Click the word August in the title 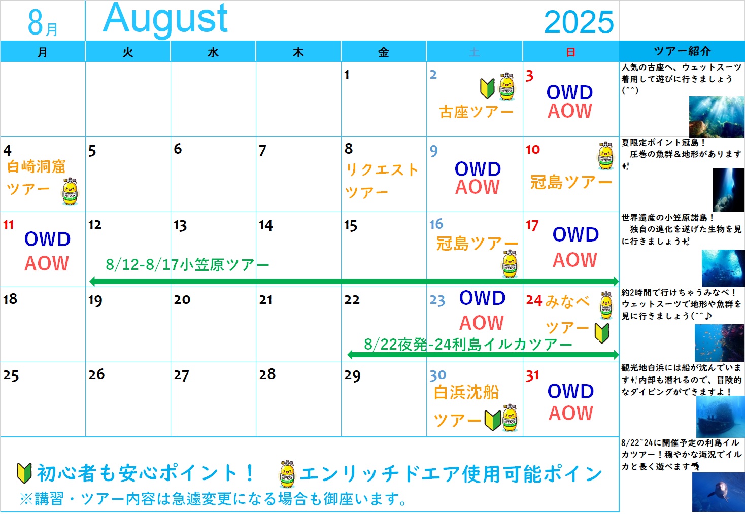coord(165,19)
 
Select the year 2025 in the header coord(579,22)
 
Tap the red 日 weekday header coord(571,52)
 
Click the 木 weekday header coord(298,52)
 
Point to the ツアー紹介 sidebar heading coord(682,51)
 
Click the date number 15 coord(351,225)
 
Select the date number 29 coord(352,375)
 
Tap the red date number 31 coord(532,375)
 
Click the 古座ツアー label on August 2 coord(476,112)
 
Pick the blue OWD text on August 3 coord(570,92)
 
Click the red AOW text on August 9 coord(478,187)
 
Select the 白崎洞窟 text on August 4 coord(36,166)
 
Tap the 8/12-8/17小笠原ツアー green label coord(187,265)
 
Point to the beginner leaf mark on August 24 coord(602,333)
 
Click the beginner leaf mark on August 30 coord(493,420)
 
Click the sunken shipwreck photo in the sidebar coord(721,417)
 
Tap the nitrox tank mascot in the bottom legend coord(287,474)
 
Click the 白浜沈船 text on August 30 coord(466,392)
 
